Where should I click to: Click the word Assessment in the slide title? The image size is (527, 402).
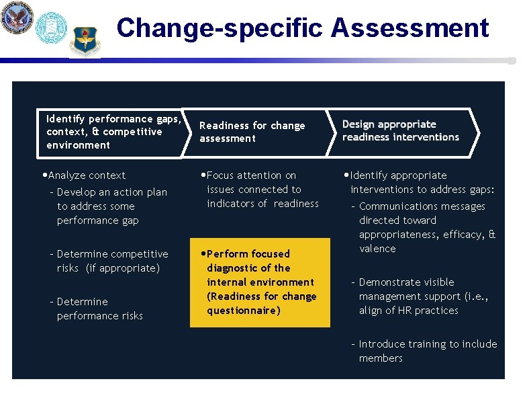[410, 28]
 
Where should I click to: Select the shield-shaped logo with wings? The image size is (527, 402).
[85, 41]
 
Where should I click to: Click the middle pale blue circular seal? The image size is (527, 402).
[51, 28]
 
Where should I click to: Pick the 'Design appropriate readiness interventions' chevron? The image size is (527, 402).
[401, 131]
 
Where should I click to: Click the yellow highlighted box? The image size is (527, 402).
[260, 282]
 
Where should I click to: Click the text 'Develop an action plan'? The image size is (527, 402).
[111, 192]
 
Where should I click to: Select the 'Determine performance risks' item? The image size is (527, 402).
[99, 309]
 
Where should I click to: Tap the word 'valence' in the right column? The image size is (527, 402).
[377, 249]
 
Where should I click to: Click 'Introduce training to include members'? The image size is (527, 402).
[427, 351]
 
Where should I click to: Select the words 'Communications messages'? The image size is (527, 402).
[422, 206]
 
